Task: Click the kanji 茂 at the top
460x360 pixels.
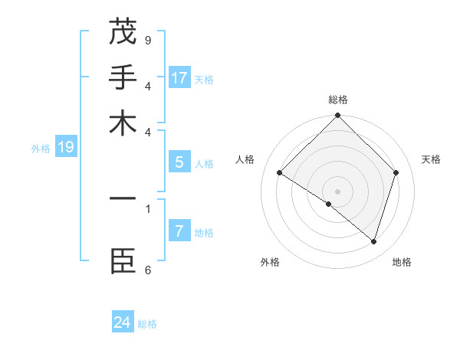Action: pos(123,31)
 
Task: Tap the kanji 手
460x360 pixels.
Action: pos(123,78)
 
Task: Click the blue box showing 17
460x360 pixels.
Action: pos(179,78)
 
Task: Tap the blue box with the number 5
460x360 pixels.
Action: pos(179,162)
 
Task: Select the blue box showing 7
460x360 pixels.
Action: pos(179,231)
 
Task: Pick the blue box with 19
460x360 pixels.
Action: pos(66,148)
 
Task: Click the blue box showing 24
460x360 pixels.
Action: pos(123,322)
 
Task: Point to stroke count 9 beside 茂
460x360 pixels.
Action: pos(148,38)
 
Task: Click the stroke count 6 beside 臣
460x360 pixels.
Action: pos(148,269)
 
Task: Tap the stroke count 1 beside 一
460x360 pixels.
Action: pos(148,207)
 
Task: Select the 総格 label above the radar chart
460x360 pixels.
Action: pos(337,100)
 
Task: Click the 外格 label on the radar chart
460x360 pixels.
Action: pos(270,263)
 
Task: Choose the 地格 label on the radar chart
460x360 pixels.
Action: pos(402,263)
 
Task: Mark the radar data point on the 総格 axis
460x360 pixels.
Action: pos(337,116)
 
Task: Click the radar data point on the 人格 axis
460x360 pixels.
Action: pos(279,173)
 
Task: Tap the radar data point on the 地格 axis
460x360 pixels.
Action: pos(373,241)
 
